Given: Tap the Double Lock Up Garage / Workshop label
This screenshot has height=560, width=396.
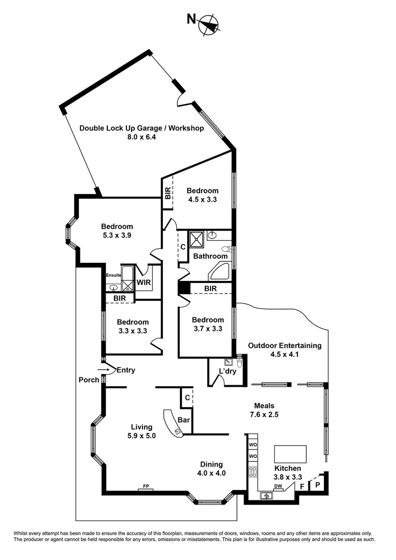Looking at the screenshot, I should tap(141, 129).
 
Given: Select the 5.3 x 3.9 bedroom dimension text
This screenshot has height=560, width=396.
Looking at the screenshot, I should tap(117, 235).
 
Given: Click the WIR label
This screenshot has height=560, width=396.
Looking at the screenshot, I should tap(144, 283).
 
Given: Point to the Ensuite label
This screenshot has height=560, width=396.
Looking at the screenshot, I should tap(113, 275).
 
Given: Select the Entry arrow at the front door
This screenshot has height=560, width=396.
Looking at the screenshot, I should tap(104, 370).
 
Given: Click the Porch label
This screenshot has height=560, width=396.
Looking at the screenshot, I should tap(89, 380).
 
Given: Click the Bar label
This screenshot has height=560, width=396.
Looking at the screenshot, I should tap(183, 419).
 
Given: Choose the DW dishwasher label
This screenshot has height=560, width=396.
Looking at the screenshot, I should tap(278, 486).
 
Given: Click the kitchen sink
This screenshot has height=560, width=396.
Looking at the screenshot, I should tap(267, 496).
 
